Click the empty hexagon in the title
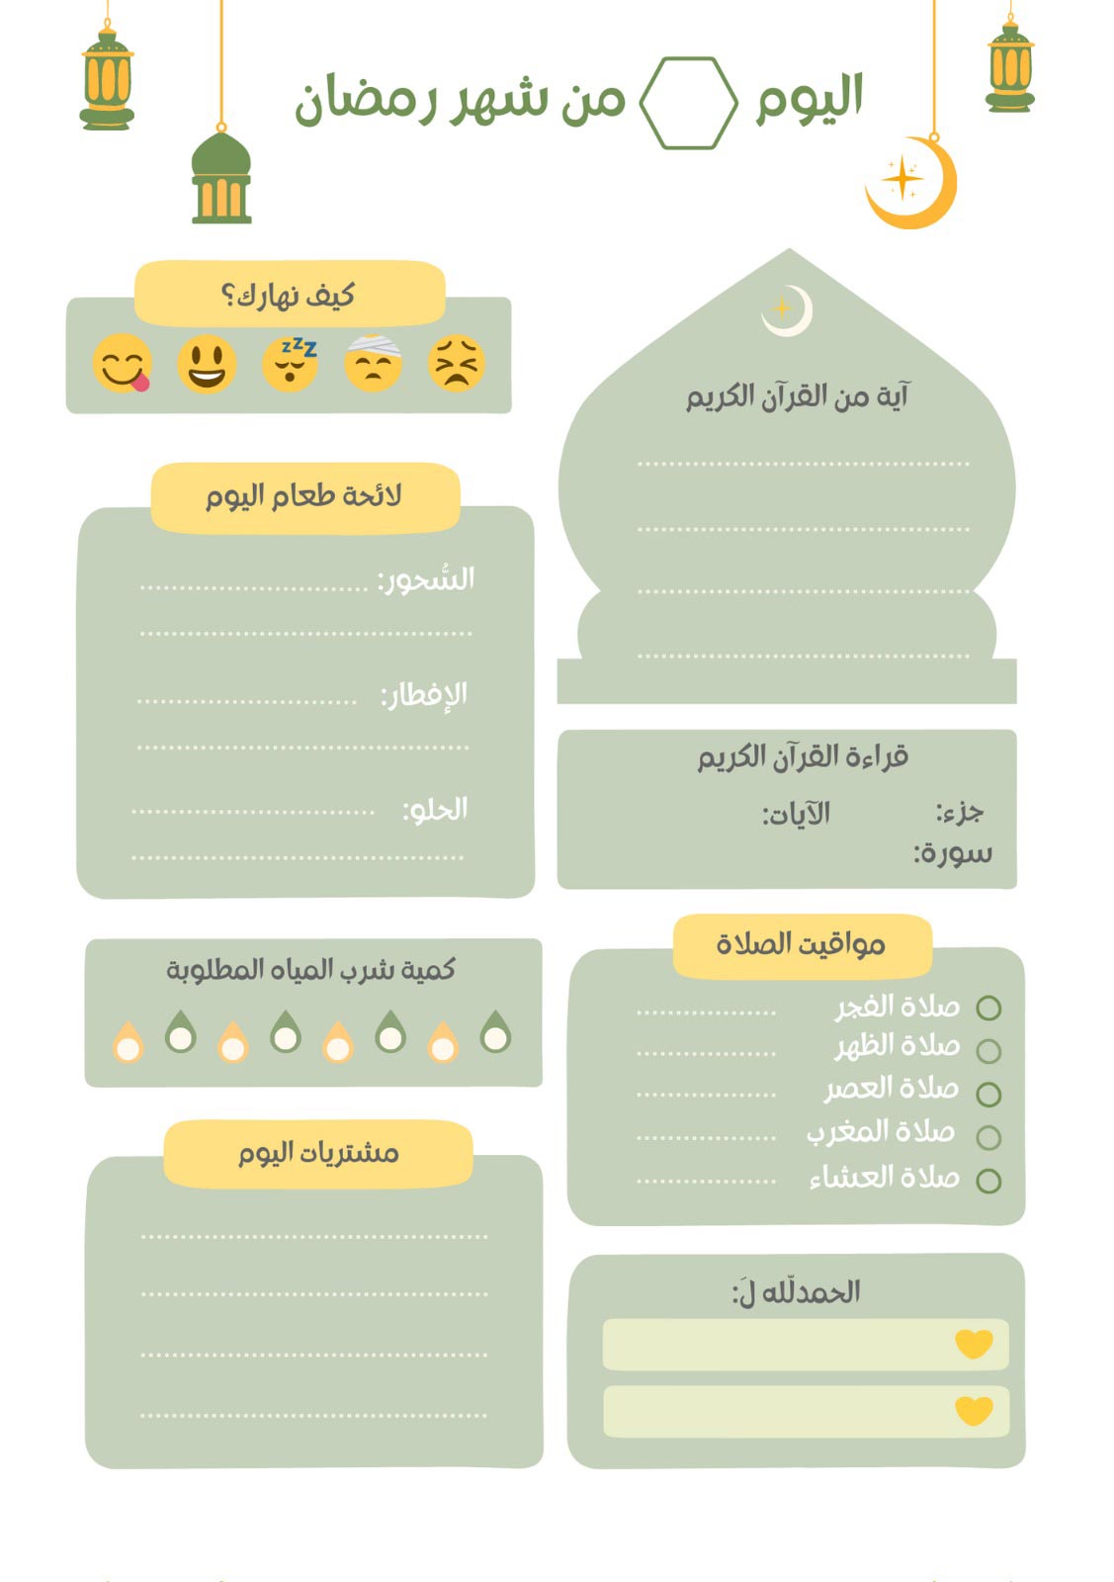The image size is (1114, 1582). tap(688, 103)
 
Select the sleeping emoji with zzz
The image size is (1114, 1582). tap(291, 363)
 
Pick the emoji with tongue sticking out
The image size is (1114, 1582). tap(123, 363)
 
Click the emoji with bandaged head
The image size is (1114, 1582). tap(374, 363)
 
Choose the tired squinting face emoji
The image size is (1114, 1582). tap(457, 363)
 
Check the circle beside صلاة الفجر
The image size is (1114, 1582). tap(988, 1008)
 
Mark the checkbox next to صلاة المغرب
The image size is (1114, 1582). tap(988, 1138)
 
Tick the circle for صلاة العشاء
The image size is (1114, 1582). tap(988, 1181)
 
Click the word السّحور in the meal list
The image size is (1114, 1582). tap(427, 579)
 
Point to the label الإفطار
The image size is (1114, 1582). tap(425, 695)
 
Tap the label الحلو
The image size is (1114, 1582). tap(436, 810)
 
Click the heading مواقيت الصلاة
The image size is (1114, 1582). tap(801, 944)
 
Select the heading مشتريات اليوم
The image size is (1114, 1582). tap(318, 1153)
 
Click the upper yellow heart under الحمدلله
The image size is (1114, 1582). tap(974, 1344)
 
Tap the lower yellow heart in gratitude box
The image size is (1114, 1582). tap(974, 1410)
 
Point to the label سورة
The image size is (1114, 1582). tap(953, 853)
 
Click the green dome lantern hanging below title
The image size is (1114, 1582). tap(221, 178)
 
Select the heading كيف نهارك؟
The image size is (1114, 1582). tap(289, 295)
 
